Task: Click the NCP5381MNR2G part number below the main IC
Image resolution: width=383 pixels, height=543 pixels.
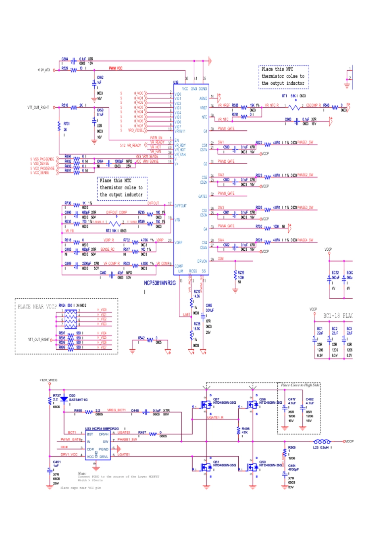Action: (x=160, y=283)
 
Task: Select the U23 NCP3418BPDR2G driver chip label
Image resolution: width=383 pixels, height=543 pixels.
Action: (x=102, y=429)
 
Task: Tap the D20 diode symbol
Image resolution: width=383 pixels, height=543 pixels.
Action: (x=64, y=399)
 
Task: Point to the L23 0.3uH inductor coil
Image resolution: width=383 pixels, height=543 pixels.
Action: (x=322, y=442)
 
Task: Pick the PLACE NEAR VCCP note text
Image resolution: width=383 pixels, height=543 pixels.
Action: (x=37, y=307)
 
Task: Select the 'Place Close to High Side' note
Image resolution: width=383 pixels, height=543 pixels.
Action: (x=300, y=385)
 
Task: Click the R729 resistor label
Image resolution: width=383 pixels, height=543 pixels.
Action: (x=241, y=273)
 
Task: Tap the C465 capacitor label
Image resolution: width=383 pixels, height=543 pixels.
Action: (x=209, y=306)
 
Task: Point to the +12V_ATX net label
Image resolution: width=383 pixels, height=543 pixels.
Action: (x=44, y=70)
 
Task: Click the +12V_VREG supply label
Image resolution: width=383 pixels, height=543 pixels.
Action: (x=48, y=380)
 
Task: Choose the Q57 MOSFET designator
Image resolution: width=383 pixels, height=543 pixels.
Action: (x=216, y=399)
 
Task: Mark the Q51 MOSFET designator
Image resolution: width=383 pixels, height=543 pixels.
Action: (x=216, y=462)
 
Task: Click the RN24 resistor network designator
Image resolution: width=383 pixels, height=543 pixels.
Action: (x=62, y=306)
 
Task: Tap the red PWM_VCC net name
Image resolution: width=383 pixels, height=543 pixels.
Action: (x=116, y=68)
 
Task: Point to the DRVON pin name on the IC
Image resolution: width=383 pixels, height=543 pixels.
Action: (x=202, y=261)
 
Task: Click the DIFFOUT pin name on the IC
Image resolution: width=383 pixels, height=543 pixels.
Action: (x=181, y=205)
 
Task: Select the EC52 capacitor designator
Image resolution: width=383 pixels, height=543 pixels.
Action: (x=335, y=273)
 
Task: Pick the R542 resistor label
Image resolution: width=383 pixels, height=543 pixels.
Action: (x=141, y=338)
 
